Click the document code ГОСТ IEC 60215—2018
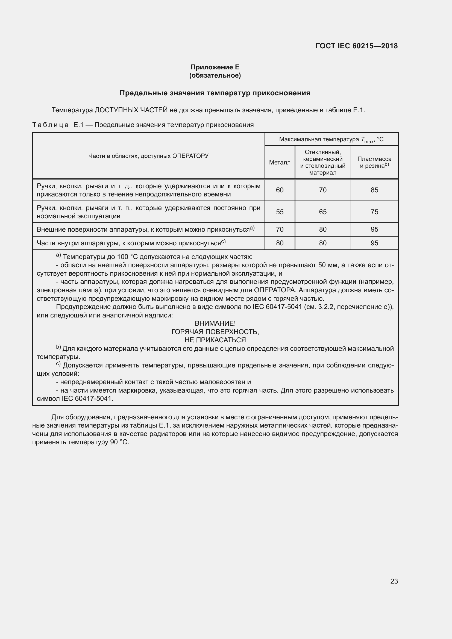(357, 46)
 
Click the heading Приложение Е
(215, 67)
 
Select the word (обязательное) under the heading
(215, 75)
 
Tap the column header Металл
(280, 163)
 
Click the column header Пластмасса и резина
(374, 162)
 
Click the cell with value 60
(280, 190)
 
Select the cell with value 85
(374, 190)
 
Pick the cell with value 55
(280, 212)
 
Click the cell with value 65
(322, 212)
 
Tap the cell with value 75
(374, 212)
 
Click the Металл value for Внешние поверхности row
(280, 229)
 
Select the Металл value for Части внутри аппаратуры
(280, 243)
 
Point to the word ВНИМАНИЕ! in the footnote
(215, 323)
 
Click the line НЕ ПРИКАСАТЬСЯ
(215, 340)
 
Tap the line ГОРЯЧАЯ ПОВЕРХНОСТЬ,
(215, 332)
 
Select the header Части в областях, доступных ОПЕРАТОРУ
(148, 156)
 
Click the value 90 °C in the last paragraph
(119, 442)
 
